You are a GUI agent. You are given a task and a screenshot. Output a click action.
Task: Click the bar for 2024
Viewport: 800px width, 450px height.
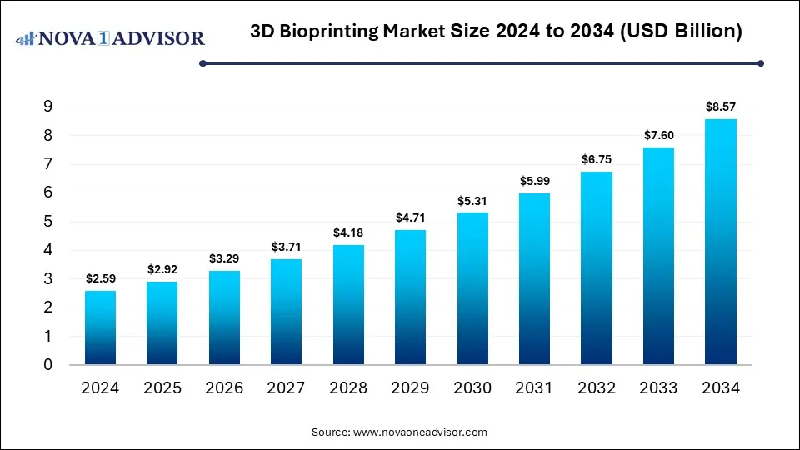click(100, 327)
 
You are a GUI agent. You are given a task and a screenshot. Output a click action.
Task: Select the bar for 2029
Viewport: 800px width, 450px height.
click(410, 297)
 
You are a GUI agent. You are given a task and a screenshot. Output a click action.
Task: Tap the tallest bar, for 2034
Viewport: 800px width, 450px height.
click(721, 242)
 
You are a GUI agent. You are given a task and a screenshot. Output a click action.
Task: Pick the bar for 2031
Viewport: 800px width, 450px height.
click(534, 279)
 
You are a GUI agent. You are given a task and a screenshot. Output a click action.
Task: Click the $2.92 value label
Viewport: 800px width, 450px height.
click(162, 269)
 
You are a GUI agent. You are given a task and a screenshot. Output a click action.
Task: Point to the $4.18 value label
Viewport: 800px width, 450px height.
click(348, 232)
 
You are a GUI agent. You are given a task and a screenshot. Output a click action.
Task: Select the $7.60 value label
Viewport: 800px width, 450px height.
click(658, 135)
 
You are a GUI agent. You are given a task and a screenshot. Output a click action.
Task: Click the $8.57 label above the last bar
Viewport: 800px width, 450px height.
click(721, 107)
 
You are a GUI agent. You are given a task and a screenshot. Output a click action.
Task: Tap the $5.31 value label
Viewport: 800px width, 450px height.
click(472, 200)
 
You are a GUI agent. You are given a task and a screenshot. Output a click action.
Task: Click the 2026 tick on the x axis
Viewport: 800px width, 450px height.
click(224, 387)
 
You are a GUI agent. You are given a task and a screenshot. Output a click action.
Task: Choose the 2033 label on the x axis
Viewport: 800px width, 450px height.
click(658, 387)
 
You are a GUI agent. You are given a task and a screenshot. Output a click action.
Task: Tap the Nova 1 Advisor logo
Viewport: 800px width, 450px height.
click(111, 38)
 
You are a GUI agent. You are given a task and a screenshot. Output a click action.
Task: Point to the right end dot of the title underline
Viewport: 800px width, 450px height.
click(760, 62)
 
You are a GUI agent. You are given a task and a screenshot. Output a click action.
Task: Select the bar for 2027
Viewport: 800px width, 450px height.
click(286, 312)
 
